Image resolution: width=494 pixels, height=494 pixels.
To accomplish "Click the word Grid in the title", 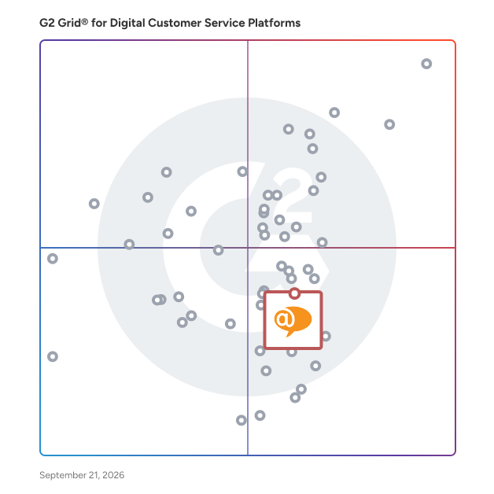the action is [x=69, y=23].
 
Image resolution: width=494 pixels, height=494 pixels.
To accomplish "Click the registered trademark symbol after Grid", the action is [x=85, y=21].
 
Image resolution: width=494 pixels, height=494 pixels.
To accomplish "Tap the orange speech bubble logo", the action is [x=293, y=321].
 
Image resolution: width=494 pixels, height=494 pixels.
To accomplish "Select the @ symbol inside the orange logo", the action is [x=285, y=319].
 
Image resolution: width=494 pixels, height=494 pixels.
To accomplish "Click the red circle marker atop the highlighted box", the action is [x=294, y=293].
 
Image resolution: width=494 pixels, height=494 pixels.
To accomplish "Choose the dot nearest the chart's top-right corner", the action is [x=426, y=64].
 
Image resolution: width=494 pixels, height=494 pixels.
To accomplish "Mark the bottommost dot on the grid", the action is [x=241, y=420].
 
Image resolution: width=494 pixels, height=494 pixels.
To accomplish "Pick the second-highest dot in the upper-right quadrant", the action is [x=334, y=112].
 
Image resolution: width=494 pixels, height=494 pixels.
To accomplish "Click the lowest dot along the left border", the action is [x=53, y=356].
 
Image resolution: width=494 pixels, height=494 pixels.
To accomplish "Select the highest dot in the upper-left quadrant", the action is [x=242, y=171].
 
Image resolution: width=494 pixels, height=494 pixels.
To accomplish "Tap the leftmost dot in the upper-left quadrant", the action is [x=94, y=204].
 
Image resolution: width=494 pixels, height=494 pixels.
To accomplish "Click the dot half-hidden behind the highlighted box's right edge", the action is [x=327, y=336].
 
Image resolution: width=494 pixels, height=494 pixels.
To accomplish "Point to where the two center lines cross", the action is [x=248, y=248].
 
